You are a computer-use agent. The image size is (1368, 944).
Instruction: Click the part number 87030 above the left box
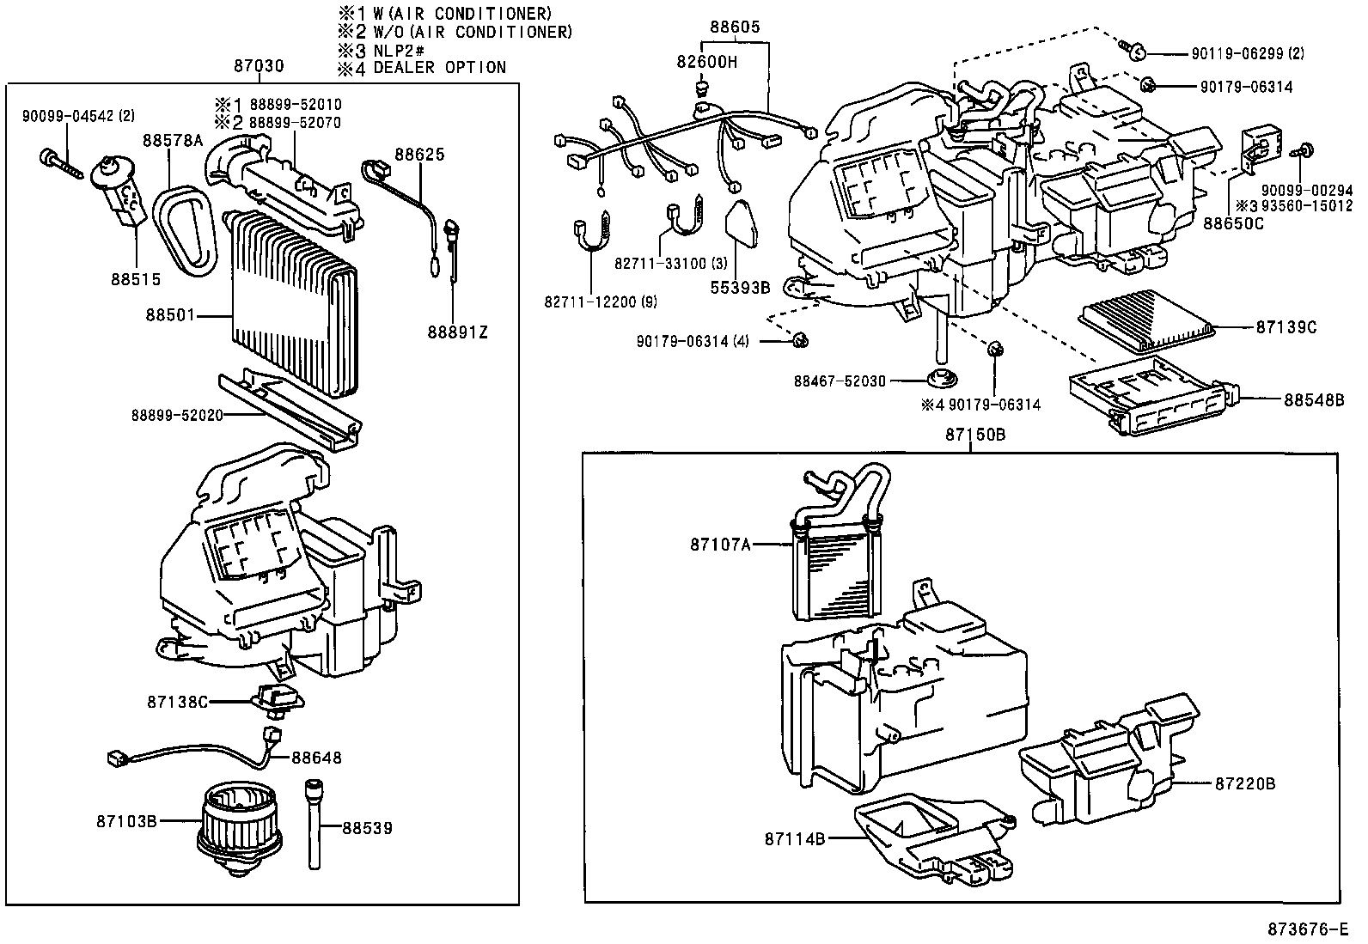click(x=258, y=67)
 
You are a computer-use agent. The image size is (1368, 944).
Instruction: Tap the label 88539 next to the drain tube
click(x=367, y=828)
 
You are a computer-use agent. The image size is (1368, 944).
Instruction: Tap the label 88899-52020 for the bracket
click(x=177, y=416)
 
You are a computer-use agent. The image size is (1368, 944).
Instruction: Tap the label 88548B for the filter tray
click(x=1314, y=399)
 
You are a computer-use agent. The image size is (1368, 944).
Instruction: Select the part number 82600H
click(x=706, y=62)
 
